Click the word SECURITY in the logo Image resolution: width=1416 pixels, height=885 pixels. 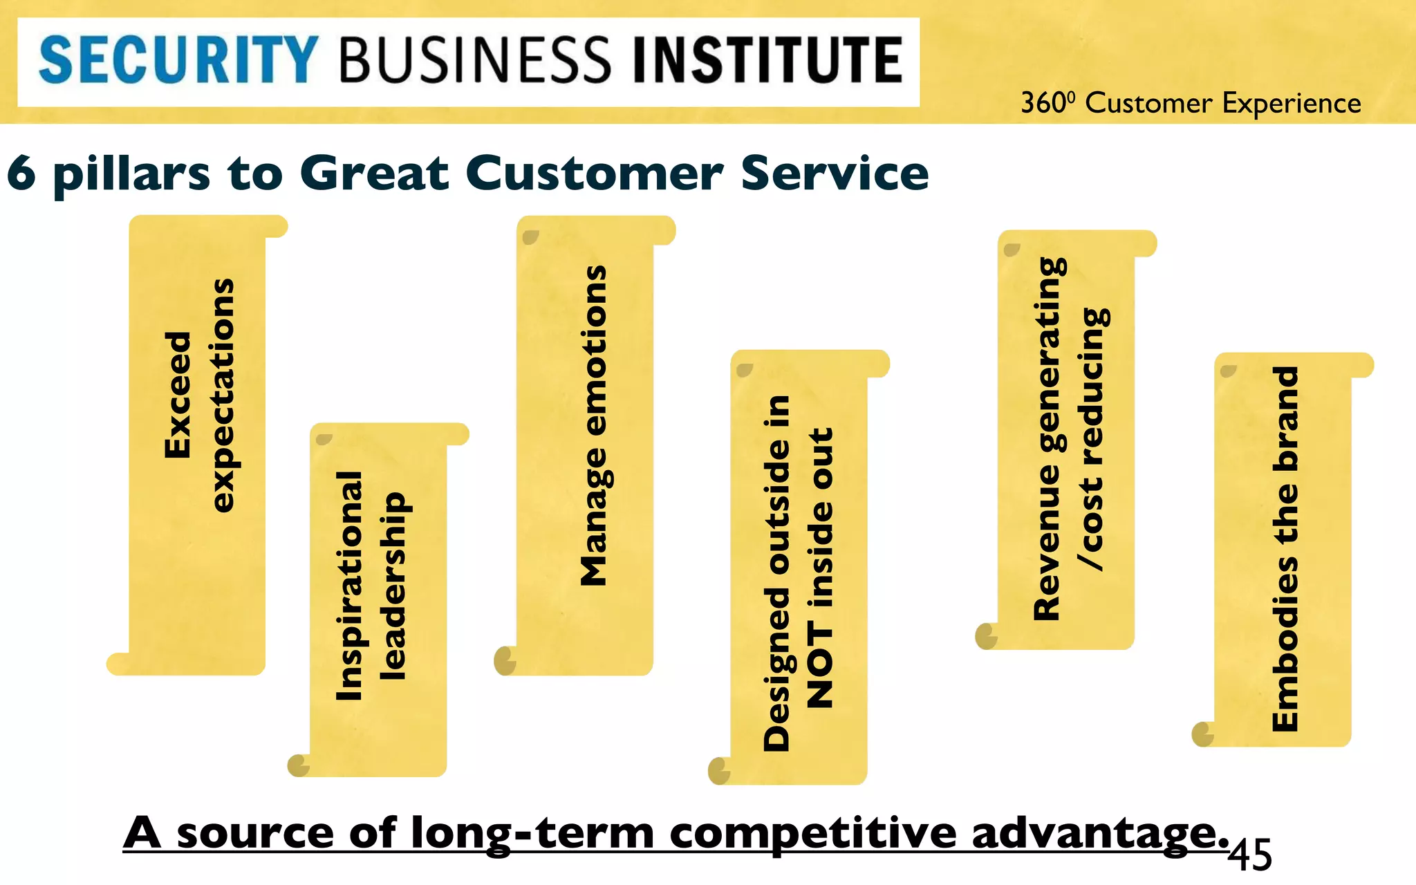click(x=178, y=61)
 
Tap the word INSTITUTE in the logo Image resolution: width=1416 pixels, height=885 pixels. click(x=768, y=61)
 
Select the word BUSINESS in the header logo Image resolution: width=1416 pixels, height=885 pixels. click(x=476, y=61)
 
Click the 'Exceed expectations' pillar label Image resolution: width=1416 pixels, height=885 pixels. click(x=199, y=395)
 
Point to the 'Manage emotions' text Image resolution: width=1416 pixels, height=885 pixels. click(x=593, y=426)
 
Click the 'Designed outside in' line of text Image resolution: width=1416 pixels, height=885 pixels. click(x=776, y=574)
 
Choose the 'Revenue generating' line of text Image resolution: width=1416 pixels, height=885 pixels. click(x=1047, y=438)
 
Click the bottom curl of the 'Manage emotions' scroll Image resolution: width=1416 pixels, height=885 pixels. click(x=505, y=661)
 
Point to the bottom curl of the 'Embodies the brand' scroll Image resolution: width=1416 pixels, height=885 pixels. click(x=1204, y=734)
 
